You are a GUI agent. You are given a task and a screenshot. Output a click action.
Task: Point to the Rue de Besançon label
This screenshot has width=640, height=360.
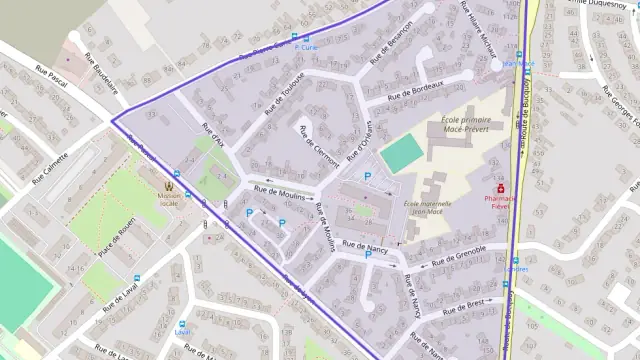click(392, 46)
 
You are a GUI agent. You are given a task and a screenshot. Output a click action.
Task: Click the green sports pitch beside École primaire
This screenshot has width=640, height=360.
click(402, 153)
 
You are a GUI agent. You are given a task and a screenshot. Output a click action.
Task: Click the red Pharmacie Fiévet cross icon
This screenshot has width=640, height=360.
click(502, 186)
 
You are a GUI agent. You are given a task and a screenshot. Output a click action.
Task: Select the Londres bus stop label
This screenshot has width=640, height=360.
click(517, 267)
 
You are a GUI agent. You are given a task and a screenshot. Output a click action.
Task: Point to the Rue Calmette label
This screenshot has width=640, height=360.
click(50, 168)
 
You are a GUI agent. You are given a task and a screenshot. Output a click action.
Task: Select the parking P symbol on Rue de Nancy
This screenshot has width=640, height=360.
click(367, 255)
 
